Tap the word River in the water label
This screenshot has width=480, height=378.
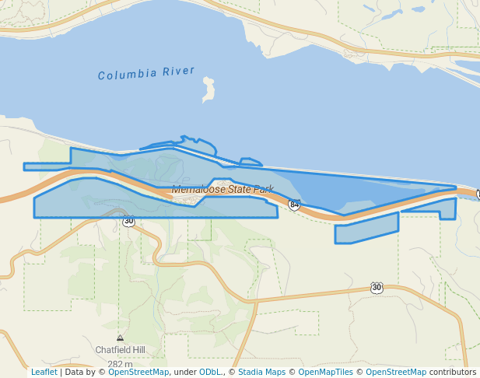tap(179, 72)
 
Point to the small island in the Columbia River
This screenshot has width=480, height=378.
tap(208, 89)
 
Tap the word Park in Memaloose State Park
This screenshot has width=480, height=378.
tap(264, 189)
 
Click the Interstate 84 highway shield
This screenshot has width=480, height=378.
tap(294, 205)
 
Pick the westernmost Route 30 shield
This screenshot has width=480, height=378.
tap(128, 222)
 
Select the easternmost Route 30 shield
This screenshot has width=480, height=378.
tap(377, 288)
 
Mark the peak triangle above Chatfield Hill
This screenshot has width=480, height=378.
tap(120, 338)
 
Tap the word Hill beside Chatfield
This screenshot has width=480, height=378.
tap(138, 350)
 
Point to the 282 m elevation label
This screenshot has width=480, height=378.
tap(120, 364)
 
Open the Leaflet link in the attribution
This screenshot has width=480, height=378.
tap(44, 373)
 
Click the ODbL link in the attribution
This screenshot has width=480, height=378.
tap(210, 373)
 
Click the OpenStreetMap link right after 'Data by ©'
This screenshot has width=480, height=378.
tap(138, 373)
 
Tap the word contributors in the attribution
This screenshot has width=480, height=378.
tap(452, 373)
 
